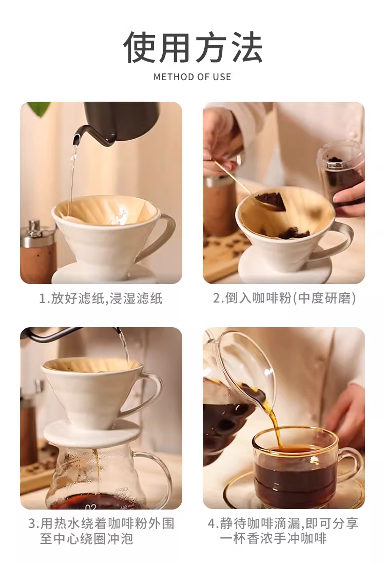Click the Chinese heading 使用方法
tap(192, 47)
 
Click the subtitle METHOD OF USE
tap(192, 77)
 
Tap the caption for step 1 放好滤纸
tap(101, 298)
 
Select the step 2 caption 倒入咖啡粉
tap(284, 298)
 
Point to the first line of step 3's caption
tap(101, 523)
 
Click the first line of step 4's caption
tap(283, 523)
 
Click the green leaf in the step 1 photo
tap(39, 108)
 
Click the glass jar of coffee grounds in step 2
tap(340, 176)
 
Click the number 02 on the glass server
tap(91, 507)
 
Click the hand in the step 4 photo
tap(343, 413)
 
